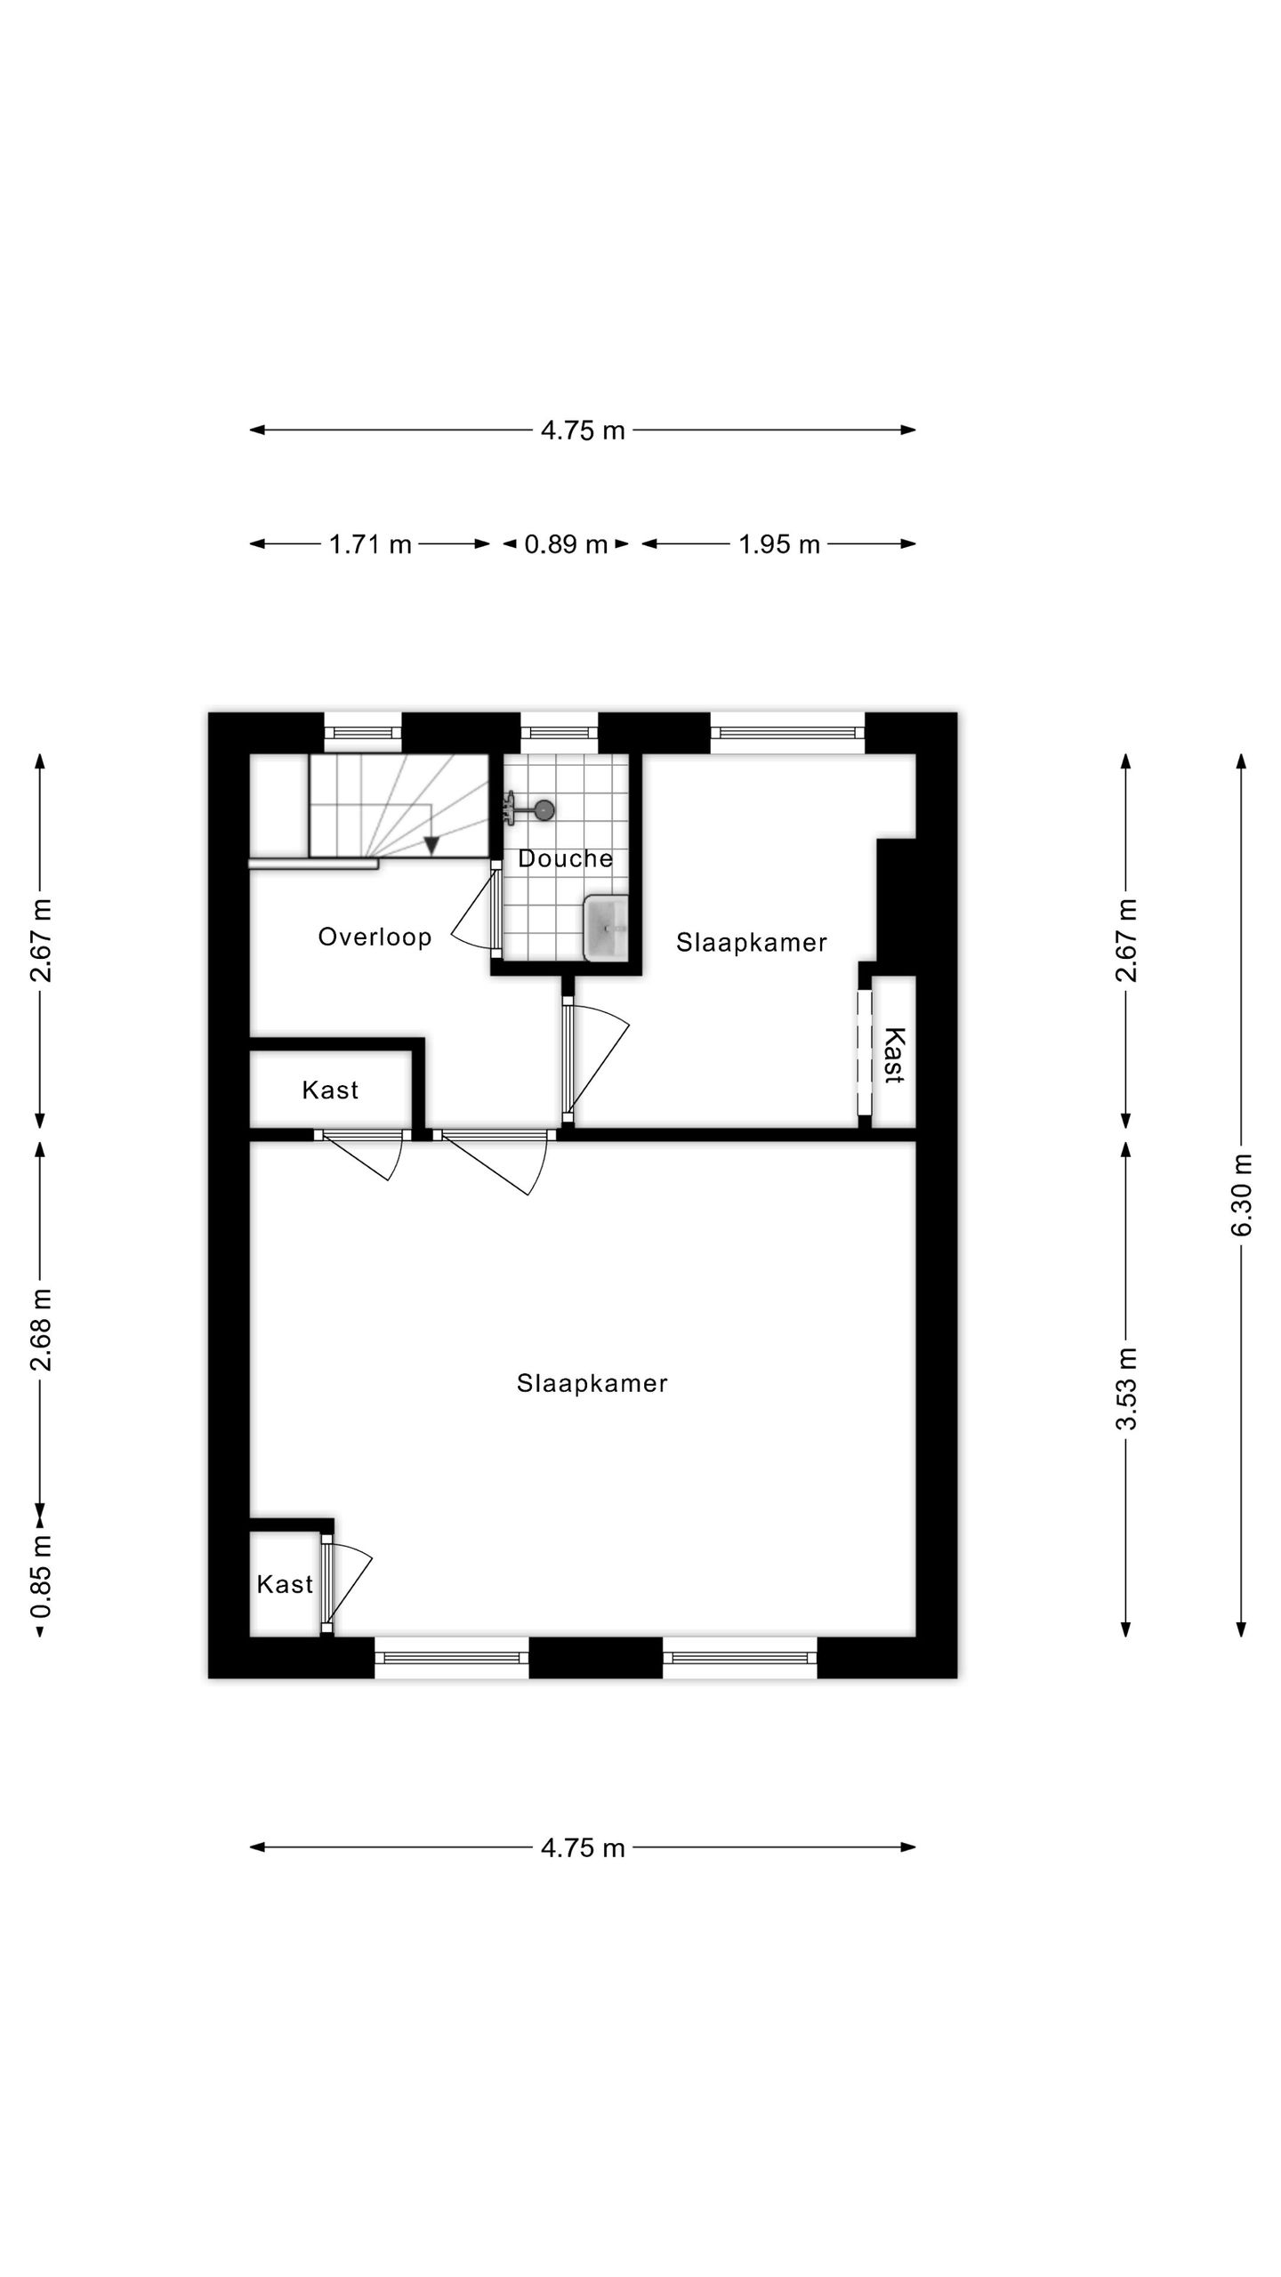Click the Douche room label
(x=565, y=858)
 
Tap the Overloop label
(x=375, y=937)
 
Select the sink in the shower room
(x=606, y=928)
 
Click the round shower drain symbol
(x=544, y=809)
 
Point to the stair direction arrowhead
(x=431, y=846)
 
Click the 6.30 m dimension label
(x=1242, y=1195)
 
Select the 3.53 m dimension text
(x=1126, y=1388)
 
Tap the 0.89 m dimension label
(x=566, y=544)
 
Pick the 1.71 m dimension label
(x=370, y=544)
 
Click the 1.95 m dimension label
(x=779, y=544)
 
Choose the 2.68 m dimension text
(x=41, y=1329)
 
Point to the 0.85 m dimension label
(x=41, y=1576)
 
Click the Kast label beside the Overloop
(x=330, y=1090)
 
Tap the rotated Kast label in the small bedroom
(x=893, y=1055)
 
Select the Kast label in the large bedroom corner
(x=285, y=1584)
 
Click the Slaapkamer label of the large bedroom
(x=592, y=1383)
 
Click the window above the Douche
(x=559, y=733)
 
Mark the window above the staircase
(x=362, y=733)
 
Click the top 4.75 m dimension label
(x=583, y=430)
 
